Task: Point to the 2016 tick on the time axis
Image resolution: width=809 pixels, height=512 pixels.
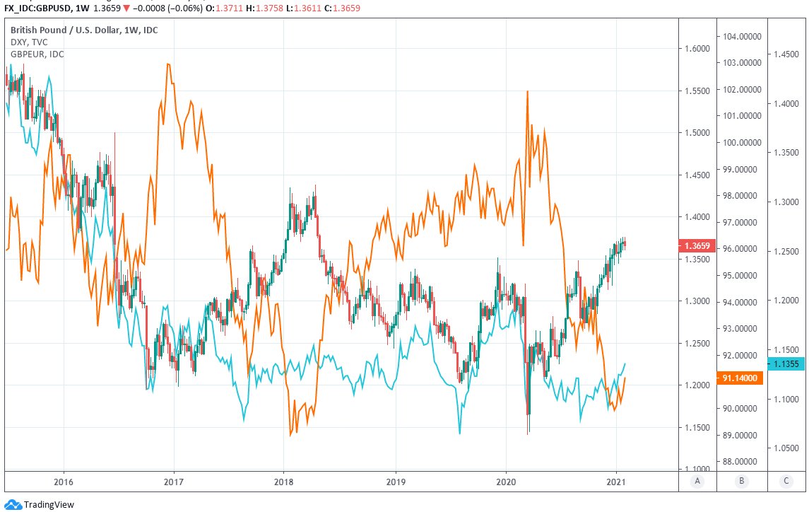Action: [x=64, y=480]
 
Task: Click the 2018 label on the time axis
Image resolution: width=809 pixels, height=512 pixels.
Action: [x=284, y=480]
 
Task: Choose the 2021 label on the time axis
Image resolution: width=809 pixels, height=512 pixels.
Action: [x=616, y=480]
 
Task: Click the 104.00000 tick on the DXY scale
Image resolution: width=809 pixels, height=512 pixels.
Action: [x=741, y=36]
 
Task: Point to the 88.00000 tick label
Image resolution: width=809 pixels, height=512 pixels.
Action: [x=741, y=462]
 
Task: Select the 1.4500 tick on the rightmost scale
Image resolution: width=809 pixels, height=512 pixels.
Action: [x=786, y=54]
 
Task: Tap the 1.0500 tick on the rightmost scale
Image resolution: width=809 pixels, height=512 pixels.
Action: [x=786, y=448]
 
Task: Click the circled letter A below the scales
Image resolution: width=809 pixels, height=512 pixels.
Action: [x=697, y=481]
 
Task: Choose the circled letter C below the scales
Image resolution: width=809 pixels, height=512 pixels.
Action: [x=786, y=481]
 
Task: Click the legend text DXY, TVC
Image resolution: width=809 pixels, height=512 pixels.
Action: [x=29, y=42]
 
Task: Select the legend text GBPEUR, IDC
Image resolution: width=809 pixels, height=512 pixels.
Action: [x=37, y=54]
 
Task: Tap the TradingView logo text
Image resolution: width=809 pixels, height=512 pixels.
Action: [x=49, y=505]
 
